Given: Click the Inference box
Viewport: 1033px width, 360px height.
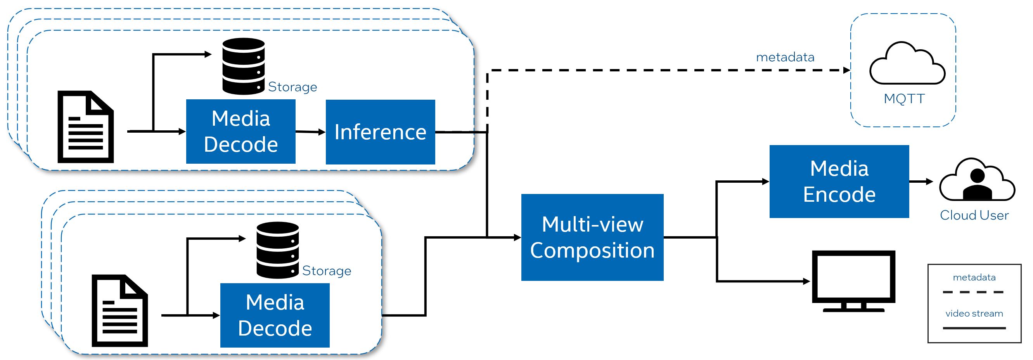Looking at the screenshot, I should (380, 132).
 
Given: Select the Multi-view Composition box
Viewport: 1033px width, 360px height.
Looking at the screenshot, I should (592, 237).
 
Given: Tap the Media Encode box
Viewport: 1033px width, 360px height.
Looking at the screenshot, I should (839, 182).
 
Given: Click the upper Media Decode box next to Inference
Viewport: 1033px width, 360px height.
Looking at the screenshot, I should (241, 132).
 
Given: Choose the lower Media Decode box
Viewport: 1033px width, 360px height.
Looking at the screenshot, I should (275, 315).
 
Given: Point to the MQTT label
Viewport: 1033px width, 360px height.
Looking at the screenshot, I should (904, 99).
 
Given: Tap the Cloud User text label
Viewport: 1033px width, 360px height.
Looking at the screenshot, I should (974, 215).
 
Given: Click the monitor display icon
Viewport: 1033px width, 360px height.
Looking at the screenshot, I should (853, 280).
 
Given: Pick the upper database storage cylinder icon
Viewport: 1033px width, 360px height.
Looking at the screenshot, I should (244, 66).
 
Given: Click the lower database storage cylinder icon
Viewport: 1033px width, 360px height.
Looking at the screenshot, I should (277, 250).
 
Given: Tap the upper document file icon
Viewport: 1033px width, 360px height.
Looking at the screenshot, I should (85, 127).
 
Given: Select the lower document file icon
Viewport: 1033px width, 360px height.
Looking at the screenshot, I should (119, 311).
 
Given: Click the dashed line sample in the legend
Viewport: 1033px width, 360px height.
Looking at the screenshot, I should (974, 292).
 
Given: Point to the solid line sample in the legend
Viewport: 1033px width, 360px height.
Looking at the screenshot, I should (974, 328).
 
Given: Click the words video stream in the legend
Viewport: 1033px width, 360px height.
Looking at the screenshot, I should (974, 313).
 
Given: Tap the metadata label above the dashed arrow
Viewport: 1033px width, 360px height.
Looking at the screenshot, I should (785, 57).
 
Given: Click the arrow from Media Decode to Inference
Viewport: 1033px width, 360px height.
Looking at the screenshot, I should (310, 132).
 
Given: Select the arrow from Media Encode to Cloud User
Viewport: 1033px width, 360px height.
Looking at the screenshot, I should (921, 182).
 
